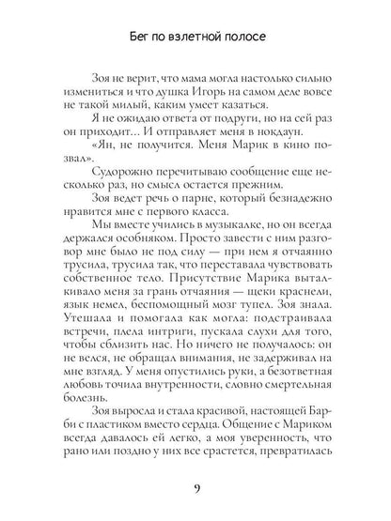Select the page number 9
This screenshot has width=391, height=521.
[x=195, y=488]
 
